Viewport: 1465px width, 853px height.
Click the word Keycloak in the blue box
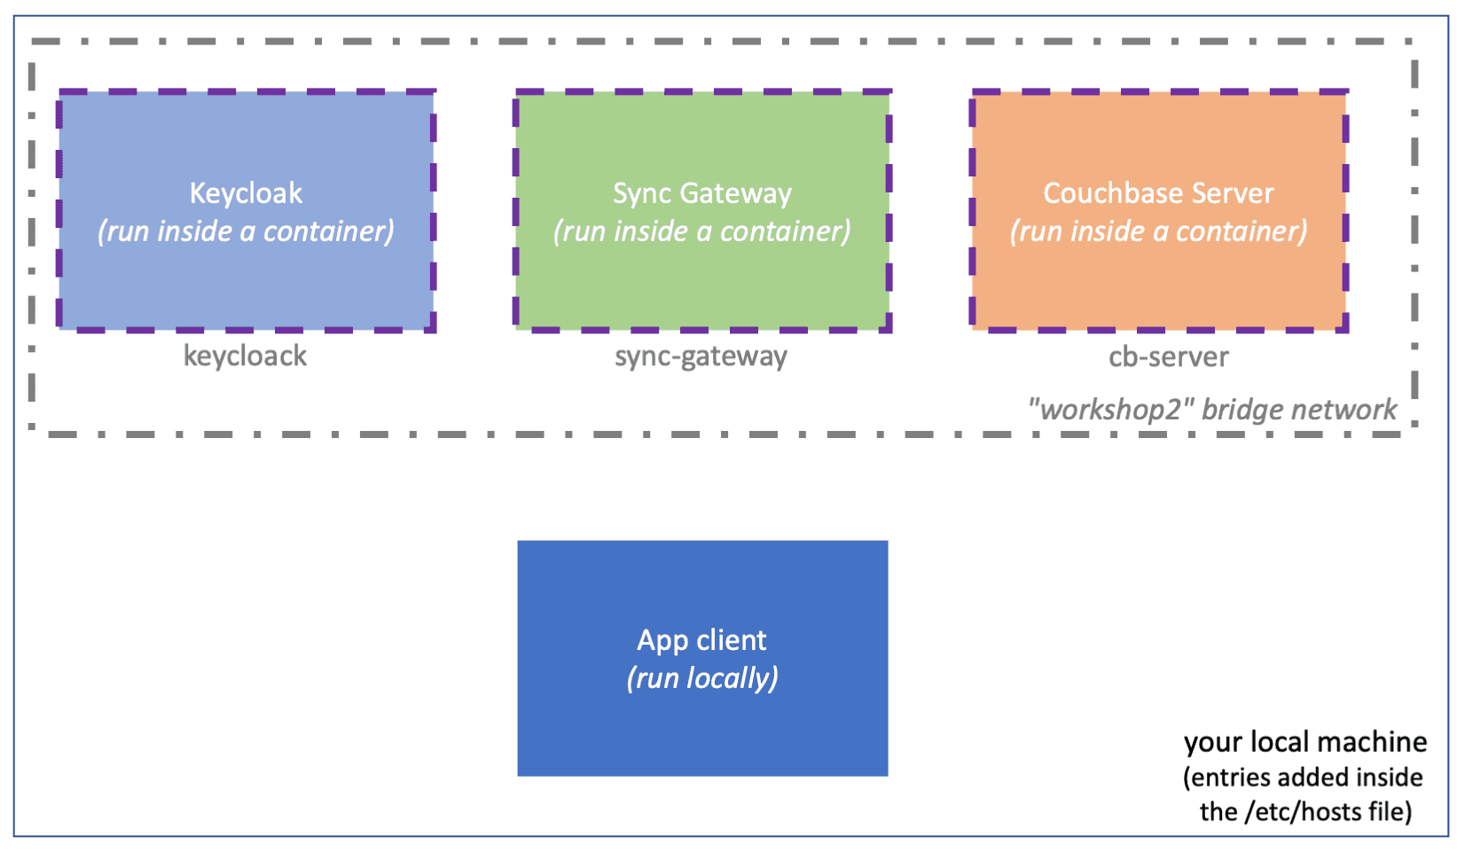(246, 193)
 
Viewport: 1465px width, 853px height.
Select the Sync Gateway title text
(701, 193)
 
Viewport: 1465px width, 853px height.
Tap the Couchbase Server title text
(1158, 193)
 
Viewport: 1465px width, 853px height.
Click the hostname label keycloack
(245, 356)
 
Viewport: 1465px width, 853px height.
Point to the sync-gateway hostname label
(701, 356)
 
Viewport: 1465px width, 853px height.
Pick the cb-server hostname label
(1168, 356)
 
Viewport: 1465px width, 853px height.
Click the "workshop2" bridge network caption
(1211, 410)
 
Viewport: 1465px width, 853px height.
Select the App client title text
(701, 640)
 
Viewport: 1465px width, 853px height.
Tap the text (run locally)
(702, 678)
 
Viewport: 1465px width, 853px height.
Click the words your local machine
(1304, 742)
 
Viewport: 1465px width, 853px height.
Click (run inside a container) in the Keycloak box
(246, 231)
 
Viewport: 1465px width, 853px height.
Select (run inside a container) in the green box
(701, 231)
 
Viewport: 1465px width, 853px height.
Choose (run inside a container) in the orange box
(1158, 231)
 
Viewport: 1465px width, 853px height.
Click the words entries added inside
(1303, 778)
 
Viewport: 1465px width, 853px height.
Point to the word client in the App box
(732, 640)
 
